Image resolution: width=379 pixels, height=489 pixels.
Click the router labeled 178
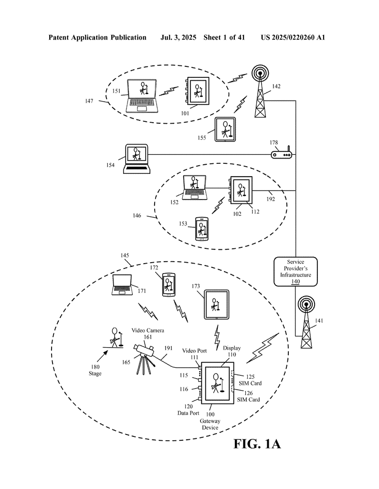281,154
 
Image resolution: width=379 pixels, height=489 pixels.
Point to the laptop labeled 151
142,96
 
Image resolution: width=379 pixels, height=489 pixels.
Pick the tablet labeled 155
224,129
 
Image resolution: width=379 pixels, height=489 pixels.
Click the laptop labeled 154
136,159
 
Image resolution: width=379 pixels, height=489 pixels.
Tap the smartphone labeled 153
202,229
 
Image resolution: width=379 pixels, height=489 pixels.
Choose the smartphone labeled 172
168,285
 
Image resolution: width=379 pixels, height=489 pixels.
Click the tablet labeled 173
216,304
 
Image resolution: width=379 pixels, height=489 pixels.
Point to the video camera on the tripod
145,355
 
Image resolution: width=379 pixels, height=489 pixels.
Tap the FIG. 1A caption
257,444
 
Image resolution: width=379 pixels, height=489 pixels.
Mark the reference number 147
89,101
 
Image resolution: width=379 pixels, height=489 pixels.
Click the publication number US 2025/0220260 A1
293,37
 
